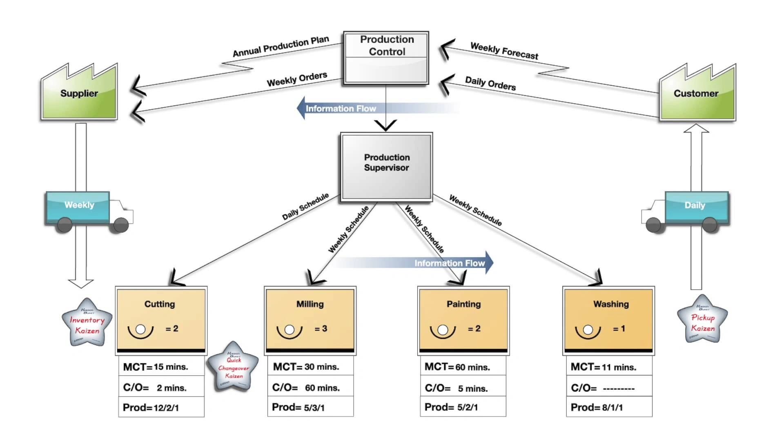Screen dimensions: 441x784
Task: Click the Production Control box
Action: [386, 58]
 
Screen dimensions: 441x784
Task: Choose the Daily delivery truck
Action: [690, 210]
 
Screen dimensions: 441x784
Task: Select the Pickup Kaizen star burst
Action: [702, 321]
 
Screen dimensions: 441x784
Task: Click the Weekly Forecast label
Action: [504, 51]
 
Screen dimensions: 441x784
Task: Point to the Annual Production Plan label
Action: [281, 46]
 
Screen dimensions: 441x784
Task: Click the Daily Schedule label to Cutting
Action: [305, 207]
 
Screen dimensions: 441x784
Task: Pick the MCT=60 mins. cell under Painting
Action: [463, 367]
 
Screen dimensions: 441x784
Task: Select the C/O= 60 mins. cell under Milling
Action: [310, 388]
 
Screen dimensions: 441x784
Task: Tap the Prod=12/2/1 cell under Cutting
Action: [161, 408]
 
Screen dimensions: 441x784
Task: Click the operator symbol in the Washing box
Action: [588, 330]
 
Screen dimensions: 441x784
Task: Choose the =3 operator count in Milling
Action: [321, 329]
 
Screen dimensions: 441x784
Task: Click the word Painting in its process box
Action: [463, 304]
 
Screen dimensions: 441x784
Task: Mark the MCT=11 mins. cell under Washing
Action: [609, 367]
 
